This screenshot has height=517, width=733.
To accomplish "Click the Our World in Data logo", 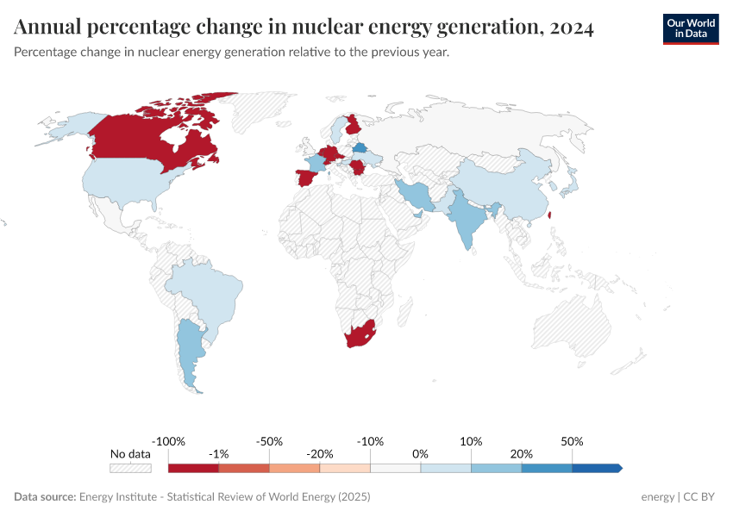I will [x=690, y=28].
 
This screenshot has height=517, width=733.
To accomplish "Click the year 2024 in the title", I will [x=569, y=28].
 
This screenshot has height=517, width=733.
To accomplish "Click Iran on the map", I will [x=419, y=195].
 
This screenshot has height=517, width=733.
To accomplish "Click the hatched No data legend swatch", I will [x=130, y=468].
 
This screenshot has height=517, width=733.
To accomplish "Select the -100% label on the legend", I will [x=168, y=441].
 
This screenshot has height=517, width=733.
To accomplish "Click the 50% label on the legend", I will [x=572, y=441].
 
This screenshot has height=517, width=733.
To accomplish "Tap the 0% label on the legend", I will [x=421, y=453].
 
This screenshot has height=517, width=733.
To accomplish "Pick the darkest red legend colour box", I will [x=193, y=468].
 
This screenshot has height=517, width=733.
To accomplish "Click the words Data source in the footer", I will [x=45, y=497].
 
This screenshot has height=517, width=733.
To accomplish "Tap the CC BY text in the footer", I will [x=701, y=497].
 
